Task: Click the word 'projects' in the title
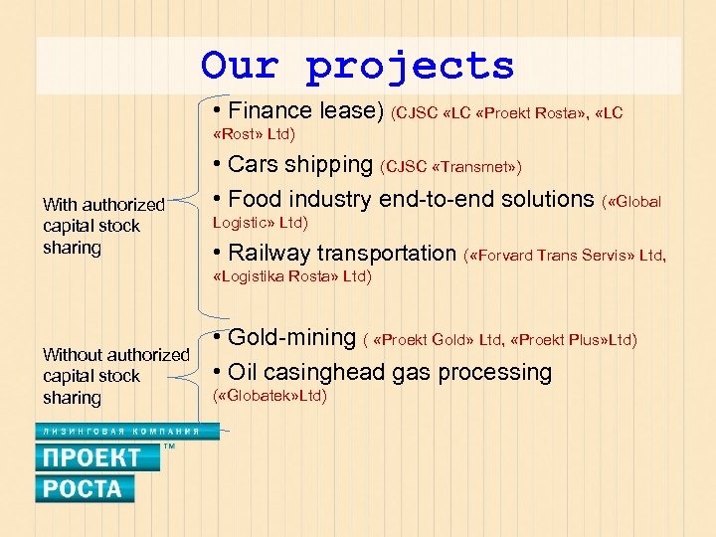[x=410, y=67]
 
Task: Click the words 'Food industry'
[x=298, y=199]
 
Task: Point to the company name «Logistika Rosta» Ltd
[x=292, y=276]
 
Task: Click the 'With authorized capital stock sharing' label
[x=103, y=226]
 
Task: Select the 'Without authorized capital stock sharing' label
[x=115, y=376]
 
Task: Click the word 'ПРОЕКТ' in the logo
[x=90, y=457]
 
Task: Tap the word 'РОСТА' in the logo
[x=84, y=488]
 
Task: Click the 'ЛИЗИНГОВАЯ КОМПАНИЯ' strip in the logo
[x=118, y=432]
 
